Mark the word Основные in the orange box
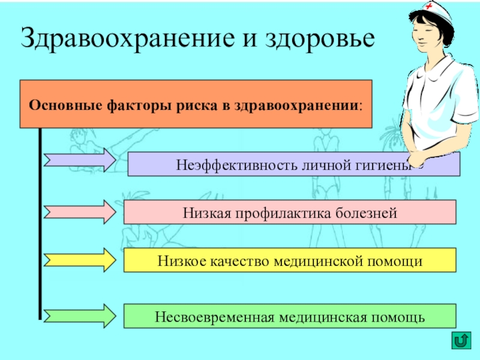(x=61, y=103)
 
